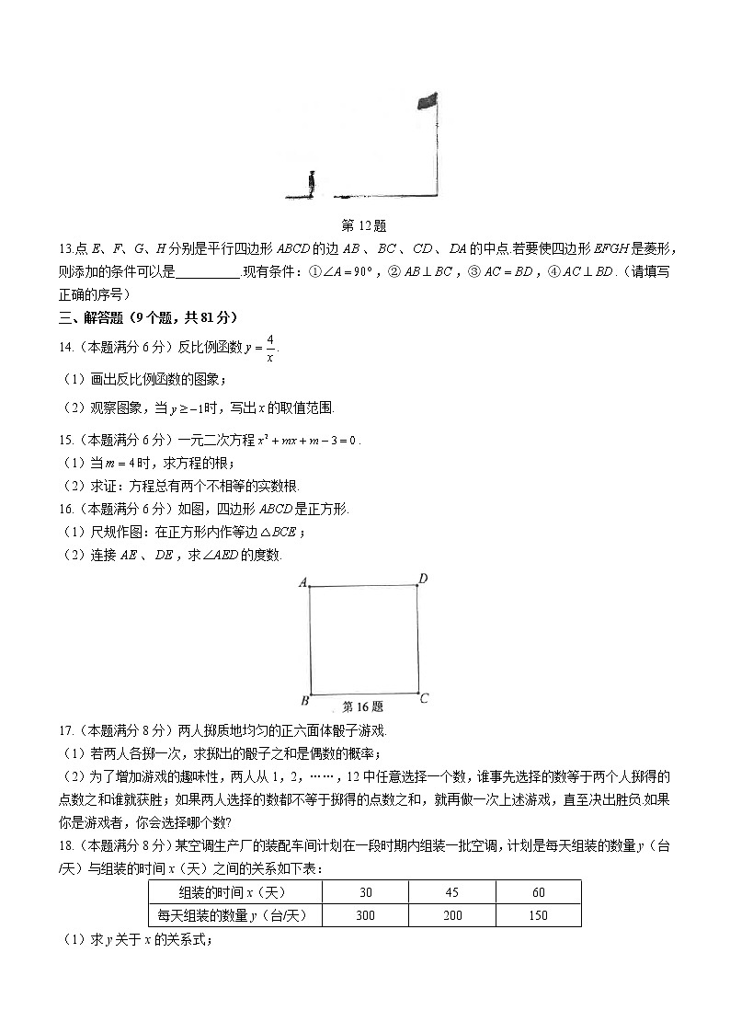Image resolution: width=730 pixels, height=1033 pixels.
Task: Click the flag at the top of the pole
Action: pyautogui.click(x=427, y=100)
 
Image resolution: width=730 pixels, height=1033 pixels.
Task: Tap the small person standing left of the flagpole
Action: pyautogui.click(x=312, y=183)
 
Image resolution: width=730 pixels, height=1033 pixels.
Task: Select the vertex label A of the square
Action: pyautogui.click(x=302, y=581)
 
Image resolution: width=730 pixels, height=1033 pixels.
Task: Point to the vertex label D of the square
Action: pyautogui.click(x=423, y=579)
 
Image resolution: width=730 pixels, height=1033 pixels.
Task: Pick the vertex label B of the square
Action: pyautogui.click(x=302, y=701)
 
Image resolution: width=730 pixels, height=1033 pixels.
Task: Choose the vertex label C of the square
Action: pyautogui.click(x=424, y=699)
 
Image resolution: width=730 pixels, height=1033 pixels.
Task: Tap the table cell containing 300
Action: pyautogui.click(x=365, y=915)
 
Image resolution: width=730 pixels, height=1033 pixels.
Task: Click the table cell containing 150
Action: pyautogui.click(x=538, y=915)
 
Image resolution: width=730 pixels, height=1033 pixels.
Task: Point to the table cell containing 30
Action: pyautogui.click(x=365, y=892)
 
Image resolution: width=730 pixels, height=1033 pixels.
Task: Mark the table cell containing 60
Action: pyautogui.click(x=538, y=892)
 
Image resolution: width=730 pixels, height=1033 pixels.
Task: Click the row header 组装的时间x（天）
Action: pyautogui.click(x=234, y=892)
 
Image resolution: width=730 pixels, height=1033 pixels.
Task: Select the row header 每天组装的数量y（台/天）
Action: pyautogui.click(x=234, y=915)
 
